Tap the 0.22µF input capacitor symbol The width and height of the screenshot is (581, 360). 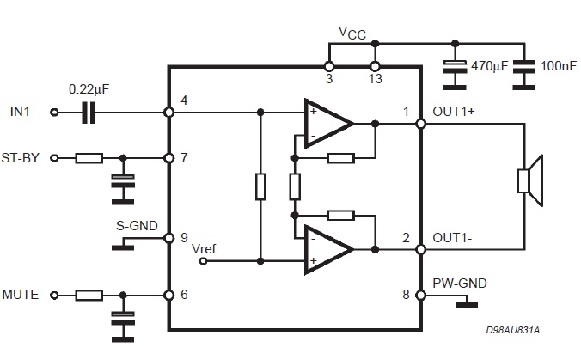(89, 113)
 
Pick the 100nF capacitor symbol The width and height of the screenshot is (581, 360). (520, 64)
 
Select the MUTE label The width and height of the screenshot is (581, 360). (21, 295)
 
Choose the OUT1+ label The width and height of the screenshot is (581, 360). (453, 111)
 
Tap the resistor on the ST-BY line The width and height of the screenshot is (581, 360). (89, 158)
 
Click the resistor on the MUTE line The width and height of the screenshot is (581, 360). (89, 296)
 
